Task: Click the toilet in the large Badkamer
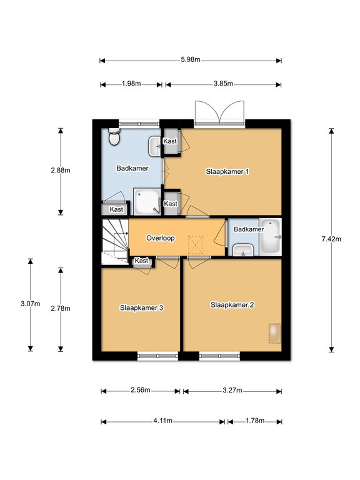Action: click(x=114, y=136)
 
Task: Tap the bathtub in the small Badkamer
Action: click(x=271, y=237)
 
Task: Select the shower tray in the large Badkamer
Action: click(x=147, y=201)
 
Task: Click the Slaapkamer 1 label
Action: click(x=227, y=171)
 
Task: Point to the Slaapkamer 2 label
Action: click(x=232, y=305)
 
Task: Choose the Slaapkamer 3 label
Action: click(x=141, y=307)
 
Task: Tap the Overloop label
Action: click(x=161, y=238)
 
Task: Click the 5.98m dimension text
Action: click(x=191, y=59)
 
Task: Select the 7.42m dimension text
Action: click(x=331, y=239)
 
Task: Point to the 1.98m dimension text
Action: click(x=131, y=84)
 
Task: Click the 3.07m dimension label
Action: click(x=30, y=304)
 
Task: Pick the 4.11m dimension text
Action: click(x=163, y=421)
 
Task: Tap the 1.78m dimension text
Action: click(x=255, y=421)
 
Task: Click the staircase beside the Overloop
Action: click(x=115, y=241)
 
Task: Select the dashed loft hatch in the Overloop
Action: click(x=196, y=245)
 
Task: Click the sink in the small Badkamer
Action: click(x=242, y=250)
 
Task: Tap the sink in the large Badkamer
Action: click(x=155, y=146)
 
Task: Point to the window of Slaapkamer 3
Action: click(x=157, y=356)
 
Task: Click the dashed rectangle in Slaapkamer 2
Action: click(x=275, y=333)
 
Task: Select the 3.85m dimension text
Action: click(x=223, y=84)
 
